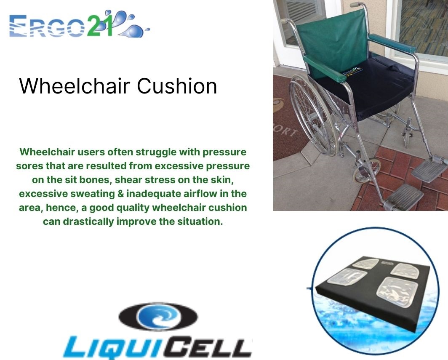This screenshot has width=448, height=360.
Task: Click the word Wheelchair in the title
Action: click(x=75, y=86)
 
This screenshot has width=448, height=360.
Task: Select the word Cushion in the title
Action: click(x=177, y=86)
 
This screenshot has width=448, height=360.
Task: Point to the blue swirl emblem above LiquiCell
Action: click(x=158, y=317)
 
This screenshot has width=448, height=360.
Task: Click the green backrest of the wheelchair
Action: click(x=333, y=41)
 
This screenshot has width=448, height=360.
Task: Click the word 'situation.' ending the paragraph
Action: click(x=200, y=221)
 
